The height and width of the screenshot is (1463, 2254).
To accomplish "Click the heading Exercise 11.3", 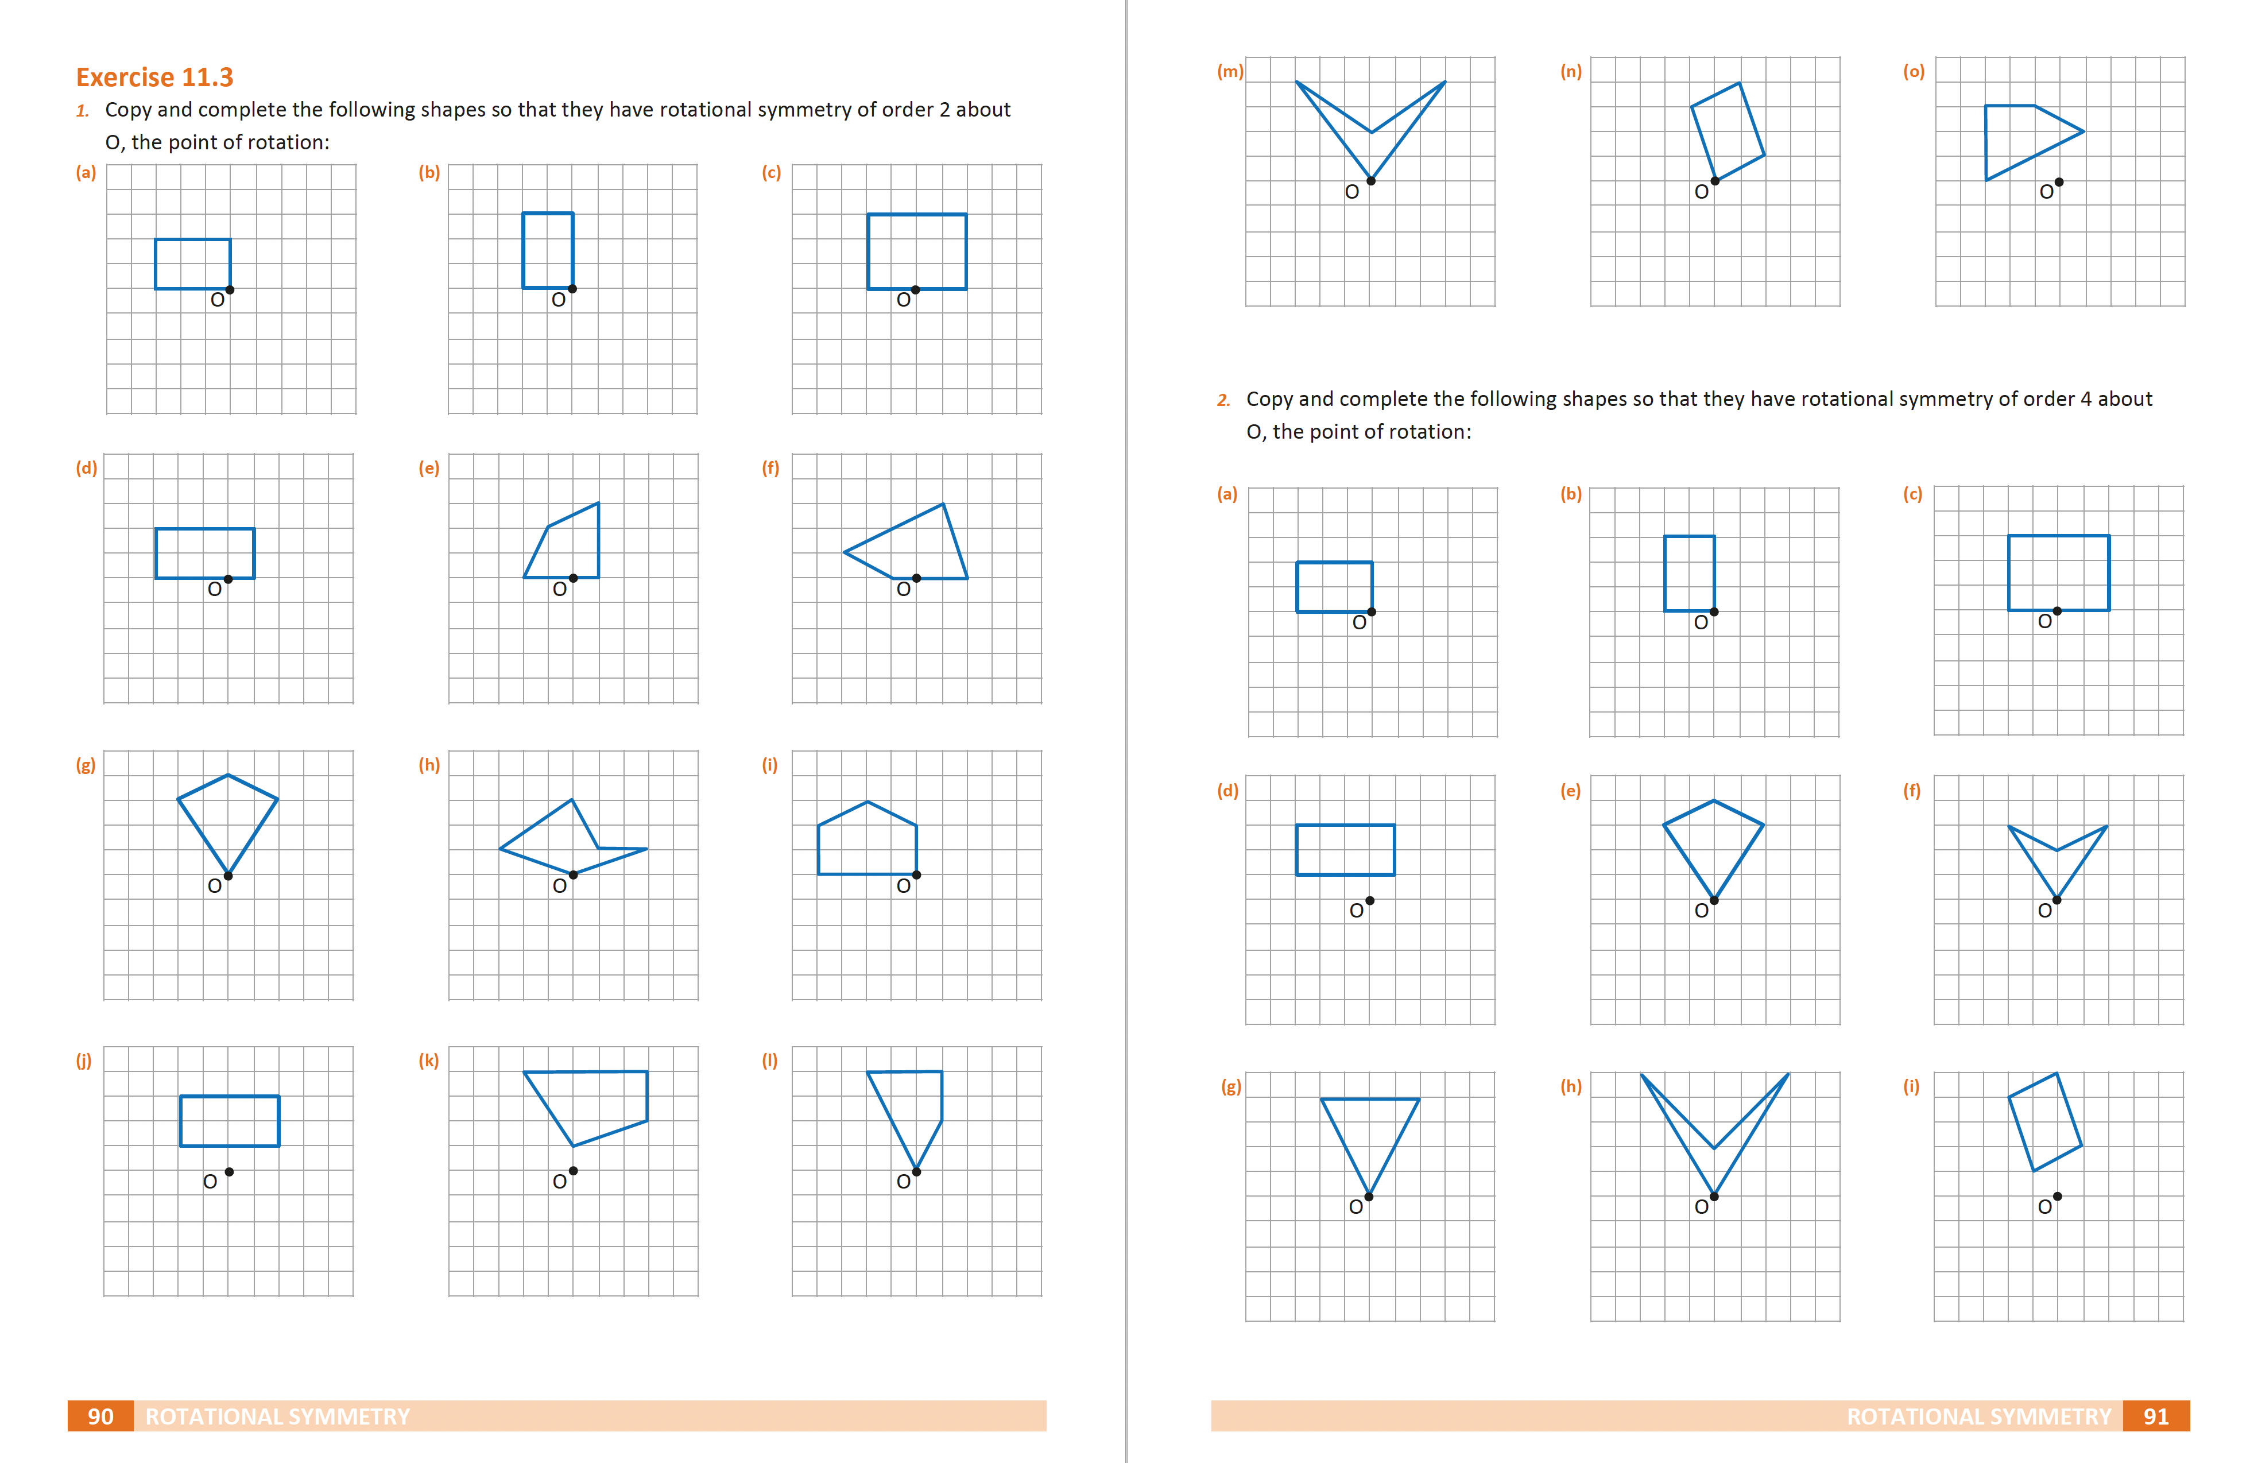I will pos(154,77).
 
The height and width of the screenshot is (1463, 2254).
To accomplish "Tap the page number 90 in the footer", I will pos(100,1416).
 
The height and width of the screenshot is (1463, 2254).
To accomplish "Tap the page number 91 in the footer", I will pos(2155,1416).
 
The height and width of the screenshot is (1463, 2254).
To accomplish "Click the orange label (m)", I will pos(1229,71).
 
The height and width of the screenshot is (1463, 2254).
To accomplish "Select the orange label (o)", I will pos(1913,71).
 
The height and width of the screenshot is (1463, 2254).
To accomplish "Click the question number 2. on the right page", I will pos(1223,400).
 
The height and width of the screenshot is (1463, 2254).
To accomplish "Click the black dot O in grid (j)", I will pos(229,1171).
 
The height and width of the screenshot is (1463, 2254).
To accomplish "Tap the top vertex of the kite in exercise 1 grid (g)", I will pos(229,776).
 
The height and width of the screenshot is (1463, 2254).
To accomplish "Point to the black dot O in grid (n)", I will pos(1714,181).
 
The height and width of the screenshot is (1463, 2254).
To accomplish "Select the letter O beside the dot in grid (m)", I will pos(1351,192).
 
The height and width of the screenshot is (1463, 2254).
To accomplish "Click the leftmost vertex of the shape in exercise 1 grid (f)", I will pos(844,552).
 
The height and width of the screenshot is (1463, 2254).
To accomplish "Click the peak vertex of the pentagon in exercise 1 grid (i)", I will pos(867,802).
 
